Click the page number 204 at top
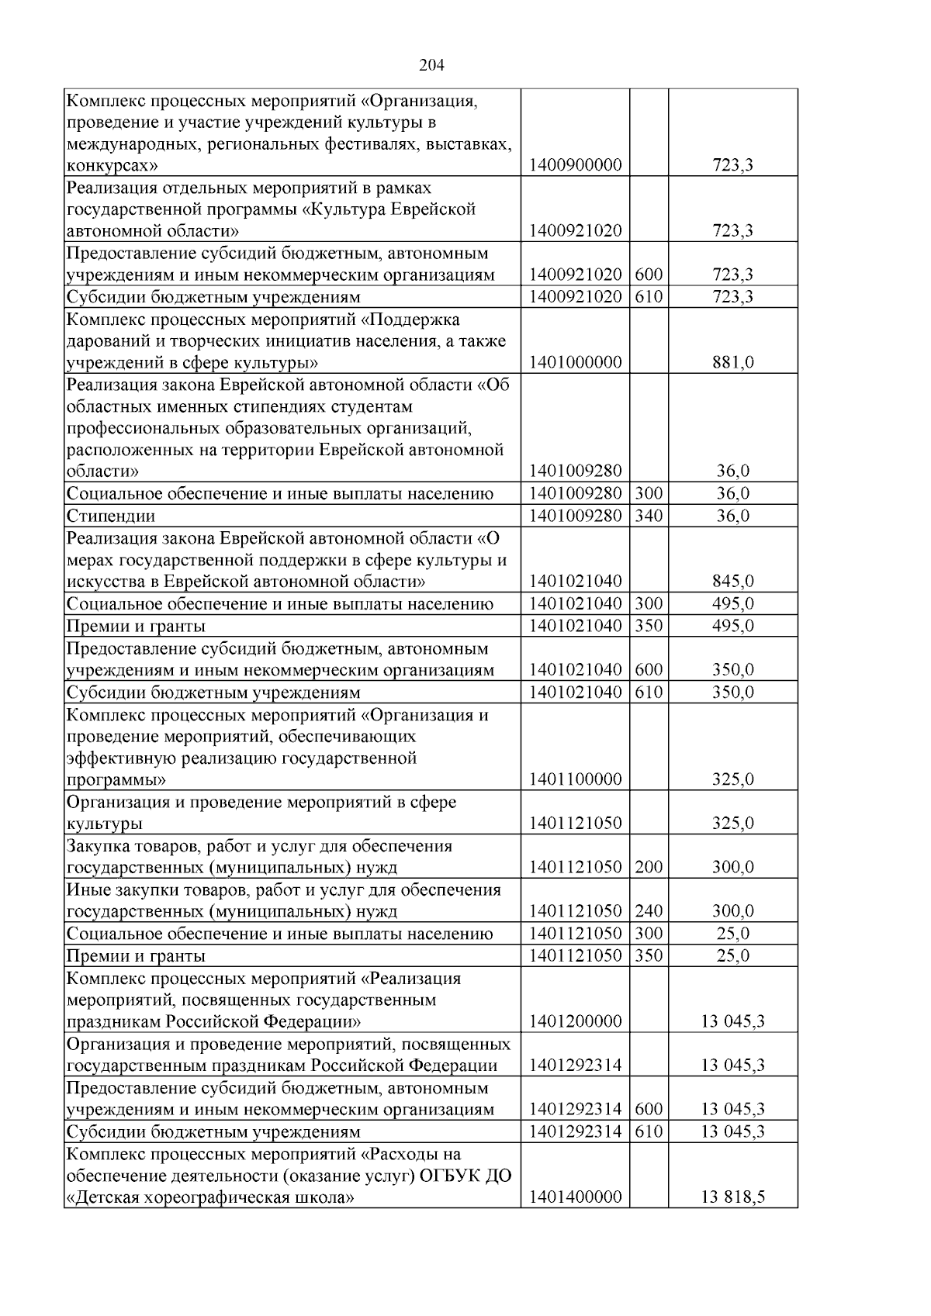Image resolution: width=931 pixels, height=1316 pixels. click(431, 65)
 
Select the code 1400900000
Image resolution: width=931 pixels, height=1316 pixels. click(575, 165)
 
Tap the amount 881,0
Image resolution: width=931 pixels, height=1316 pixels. click(732, 362)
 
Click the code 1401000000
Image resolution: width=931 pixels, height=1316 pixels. click(575, 362)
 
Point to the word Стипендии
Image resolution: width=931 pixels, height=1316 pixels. click(111, 516)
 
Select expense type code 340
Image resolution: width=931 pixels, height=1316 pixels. click(649, 516)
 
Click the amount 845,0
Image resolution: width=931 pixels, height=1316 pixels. click(732, 581)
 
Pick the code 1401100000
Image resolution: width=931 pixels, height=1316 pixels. click(575, 779)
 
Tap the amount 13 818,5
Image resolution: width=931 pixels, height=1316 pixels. click(732, 1219)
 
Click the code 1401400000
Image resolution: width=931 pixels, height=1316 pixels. click(575, 1219)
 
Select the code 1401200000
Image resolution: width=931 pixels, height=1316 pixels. click(575, 1021)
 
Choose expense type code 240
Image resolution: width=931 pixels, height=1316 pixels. click(649, 911)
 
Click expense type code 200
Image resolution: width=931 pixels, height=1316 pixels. click(649, 867)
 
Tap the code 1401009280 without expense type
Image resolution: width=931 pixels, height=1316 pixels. click(575, 471)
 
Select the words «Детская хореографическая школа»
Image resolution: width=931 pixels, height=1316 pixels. click(211, 1219)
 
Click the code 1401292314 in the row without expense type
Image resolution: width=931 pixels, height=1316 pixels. click(575, 1065)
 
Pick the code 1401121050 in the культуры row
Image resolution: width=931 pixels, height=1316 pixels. click(575, 823)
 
